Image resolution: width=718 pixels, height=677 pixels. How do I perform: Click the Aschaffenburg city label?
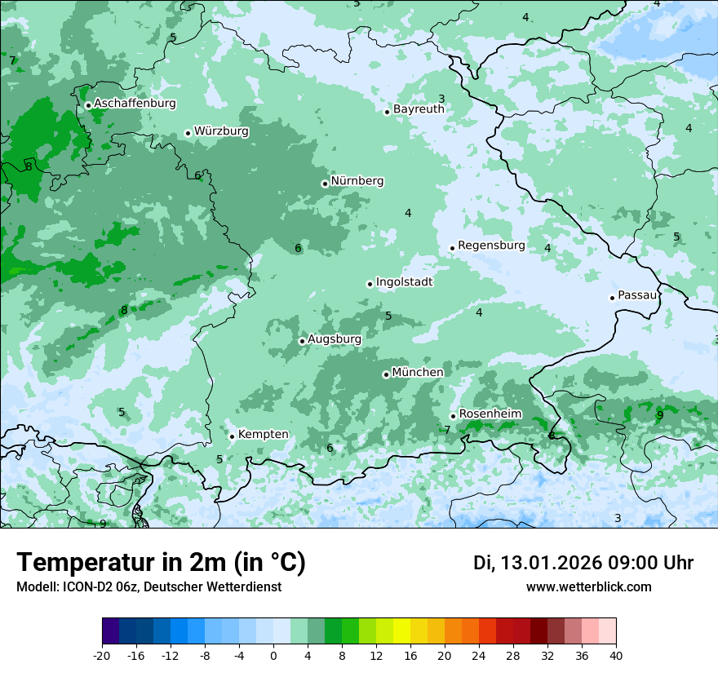[135, 104]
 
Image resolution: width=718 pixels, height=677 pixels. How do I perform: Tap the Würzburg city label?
[221, 131]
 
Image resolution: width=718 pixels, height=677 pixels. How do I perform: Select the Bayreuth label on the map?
[419, 109]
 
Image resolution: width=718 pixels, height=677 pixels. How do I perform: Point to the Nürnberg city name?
[357, 181]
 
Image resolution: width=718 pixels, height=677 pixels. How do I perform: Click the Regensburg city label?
[491, 246]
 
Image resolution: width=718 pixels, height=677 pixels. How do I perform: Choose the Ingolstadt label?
[404, 282]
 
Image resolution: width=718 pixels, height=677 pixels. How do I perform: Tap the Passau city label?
[636, 295]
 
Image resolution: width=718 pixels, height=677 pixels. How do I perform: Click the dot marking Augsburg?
[302, 341]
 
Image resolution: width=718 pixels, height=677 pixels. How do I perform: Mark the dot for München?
[386, 374]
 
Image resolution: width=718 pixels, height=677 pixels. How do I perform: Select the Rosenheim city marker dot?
[453, 416]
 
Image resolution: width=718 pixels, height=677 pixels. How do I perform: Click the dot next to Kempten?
[232, 436]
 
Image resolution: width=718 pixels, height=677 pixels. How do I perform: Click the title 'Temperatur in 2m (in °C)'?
[161, 563]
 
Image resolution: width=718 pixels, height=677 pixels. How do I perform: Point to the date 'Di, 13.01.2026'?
[538, 563]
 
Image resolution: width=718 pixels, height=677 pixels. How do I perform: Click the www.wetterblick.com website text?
[588, 587]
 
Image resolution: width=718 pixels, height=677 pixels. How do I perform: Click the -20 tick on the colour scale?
[102, 655]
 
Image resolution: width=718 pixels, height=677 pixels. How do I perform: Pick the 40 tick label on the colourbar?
[615, 655]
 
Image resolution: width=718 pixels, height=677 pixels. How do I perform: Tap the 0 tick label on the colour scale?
[273, 655]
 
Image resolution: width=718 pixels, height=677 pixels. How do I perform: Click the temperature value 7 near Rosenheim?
[447, 430]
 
